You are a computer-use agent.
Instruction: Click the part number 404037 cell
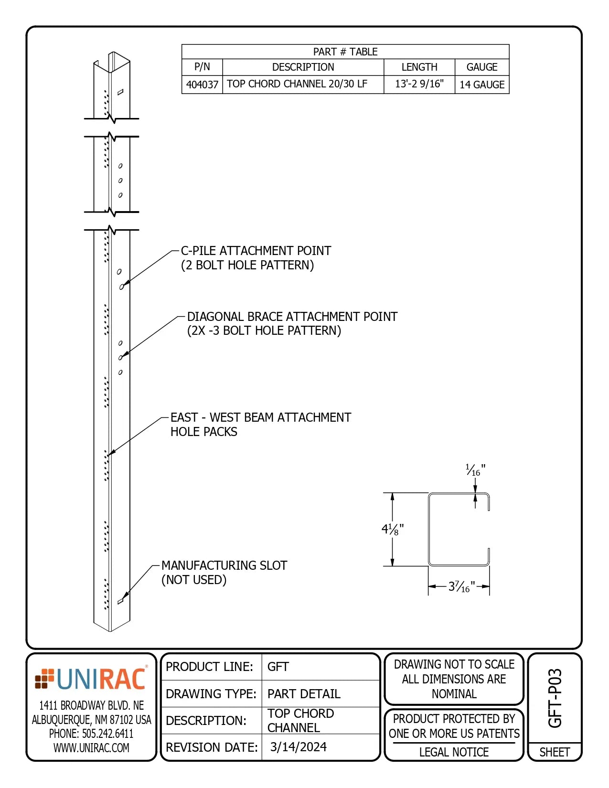coord(202,85)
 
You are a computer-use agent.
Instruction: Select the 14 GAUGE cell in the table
coord(481,85)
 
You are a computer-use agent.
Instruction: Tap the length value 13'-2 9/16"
coord(419,84)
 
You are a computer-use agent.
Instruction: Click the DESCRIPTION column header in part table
coord(303,67)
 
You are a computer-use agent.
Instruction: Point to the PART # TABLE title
coord(345,52)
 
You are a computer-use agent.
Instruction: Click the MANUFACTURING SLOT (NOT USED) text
coord(224,572)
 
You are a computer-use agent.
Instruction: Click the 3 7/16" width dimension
coord(461,586)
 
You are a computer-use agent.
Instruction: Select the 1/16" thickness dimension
coord(475,470)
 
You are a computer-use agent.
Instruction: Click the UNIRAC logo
coord(91,679)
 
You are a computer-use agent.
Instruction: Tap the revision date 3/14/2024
coord(298,747)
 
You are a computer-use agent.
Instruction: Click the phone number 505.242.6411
coord(91,734)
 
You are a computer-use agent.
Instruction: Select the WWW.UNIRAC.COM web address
coord(91,748)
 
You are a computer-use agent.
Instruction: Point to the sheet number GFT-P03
coord(555,698)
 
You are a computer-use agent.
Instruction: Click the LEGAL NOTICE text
coord(454,752)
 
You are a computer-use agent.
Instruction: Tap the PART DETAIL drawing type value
coord(304,694)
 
